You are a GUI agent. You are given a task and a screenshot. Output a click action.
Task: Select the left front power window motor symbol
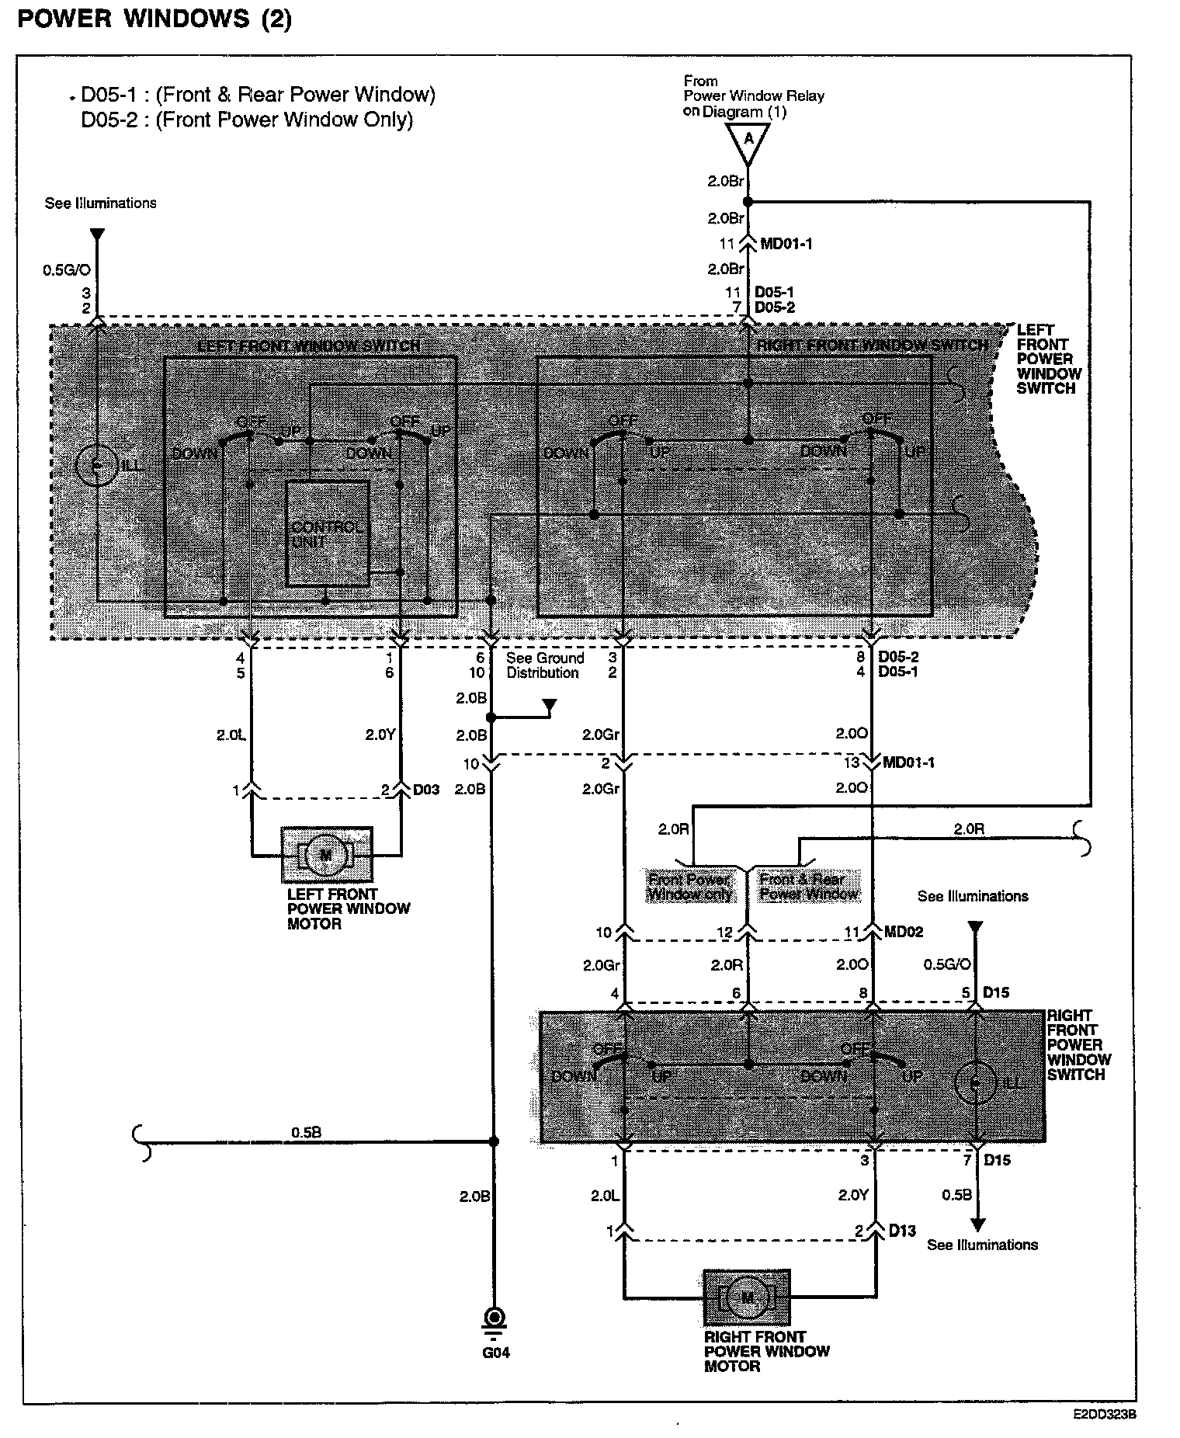click(326, 855)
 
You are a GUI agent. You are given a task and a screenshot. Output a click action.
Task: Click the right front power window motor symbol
click(747, 1297)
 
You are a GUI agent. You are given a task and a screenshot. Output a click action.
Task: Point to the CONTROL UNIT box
click(328, 533)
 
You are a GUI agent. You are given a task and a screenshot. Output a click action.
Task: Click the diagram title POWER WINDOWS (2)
click(154, 19)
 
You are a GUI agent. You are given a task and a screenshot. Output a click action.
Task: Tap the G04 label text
click(495, 1353)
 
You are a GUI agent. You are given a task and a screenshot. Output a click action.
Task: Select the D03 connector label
click(426, 790)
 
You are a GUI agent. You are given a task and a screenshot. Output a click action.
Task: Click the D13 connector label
click(902, 1231)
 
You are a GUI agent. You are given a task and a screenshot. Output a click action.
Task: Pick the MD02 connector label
click(904, 932)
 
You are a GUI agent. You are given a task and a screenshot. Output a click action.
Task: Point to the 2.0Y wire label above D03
click(380, 735)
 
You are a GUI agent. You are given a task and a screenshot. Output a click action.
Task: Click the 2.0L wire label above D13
click(604, 1196)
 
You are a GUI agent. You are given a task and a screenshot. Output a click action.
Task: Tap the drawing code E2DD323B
click(1105, 1415)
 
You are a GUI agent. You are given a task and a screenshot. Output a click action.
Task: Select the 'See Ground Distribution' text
click(544, 665)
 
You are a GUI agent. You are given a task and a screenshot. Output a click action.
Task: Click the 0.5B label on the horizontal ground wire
click(306, 1132)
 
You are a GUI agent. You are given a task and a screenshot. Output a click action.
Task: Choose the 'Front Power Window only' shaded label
click(689, 887)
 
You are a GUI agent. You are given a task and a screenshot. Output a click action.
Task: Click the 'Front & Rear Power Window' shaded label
click(808, 887)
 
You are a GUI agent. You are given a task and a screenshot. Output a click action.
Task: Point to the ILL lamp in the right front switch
click(977, 1082)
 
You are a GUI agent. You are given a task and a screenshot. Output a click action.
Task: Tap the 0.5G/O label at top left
click(67, 271)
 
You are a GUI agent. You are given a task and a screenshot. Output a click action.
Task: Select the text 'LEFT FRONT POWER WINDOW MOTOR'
click(348, 908)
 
